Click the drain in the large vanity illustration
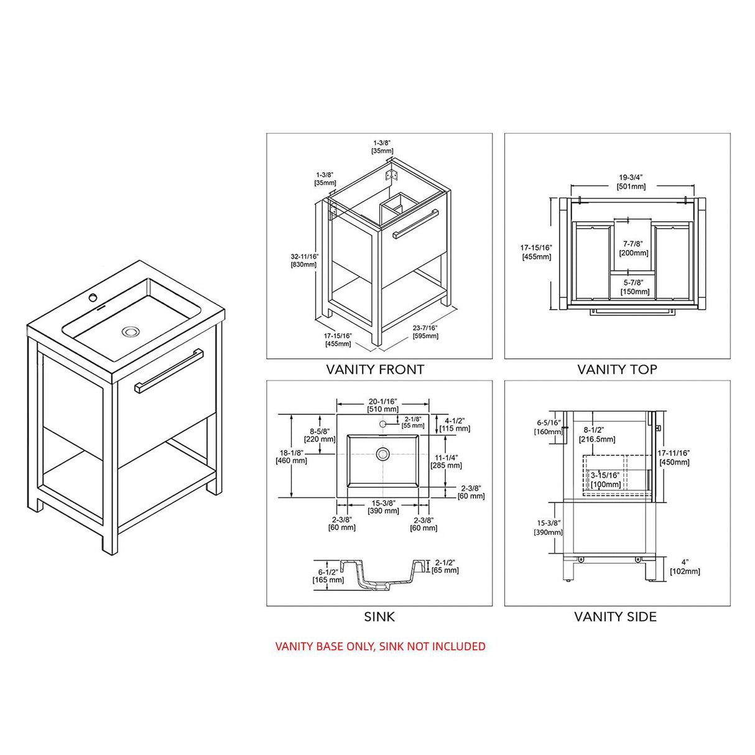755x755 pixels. click(131, 331)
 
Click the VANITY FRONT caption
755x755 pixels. click(375, 369)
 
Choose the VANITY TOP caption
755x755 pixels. click(617, 369)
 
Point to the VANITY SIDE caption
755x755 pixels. click(615, 617)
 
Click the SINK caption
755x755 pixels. click(379, 617)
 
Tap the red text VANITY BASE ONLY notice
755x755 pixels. click(380, 646)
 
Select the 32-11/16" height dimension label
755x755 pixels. click(304, 260)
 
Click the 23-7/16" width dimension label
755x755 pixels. click(425, 332)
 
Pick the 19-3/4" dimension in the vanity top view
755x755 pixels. click(631, 182)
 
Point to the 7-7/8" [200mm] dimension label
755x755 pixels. click(634, 248)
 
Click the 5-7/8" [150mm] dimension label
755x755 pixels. click(634, 287)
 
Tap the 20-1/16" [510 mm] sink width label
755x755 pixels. click(383, 405)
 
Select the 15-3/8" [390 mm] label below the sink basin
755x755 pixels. click(383, 506)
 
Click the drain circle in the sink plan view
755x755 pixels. click(382, 453)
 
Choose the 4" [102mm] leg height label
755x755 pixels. click(685, 567)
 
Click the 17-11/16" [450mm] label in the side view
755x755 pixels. click(674, 457)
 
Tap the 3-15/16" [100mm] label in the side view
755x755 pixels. click(605, 479)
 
